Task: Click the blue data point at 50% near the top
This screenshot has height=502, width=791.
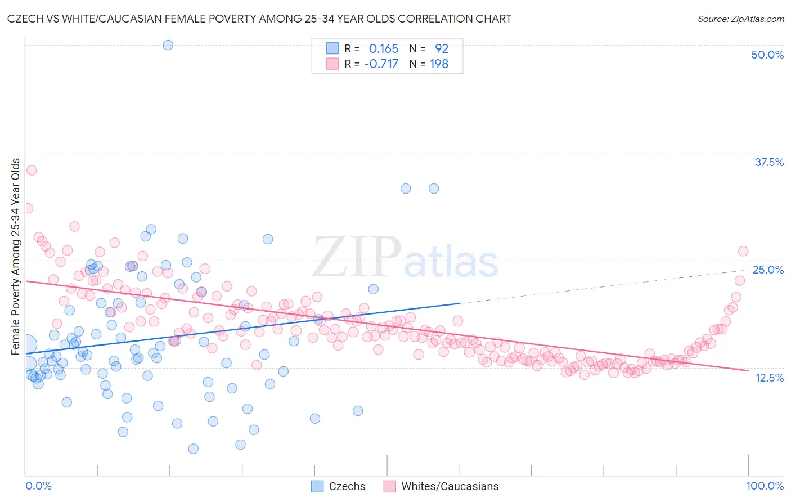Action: click(x=168, y=45)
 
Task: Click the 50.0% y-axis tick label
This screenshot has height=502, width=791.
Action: click(x=767, y=55)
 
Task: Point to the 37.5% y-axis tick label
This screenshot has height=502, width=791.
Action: click(x=769, y=162)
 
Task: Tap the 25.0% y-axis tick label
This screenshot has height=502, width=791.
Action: click(x=768, y=270)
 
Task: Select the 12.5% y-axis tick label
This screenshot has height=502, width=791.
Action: click(x=769, y=378)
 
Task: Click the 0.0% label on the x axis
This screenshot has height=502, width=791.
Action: click(x=38, y=486)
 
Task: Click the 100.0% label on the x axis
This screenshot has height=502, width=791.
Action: click(x=765, y=486)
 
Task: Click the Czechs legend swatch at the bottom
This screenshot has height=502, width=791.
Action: click(x=317, y=486)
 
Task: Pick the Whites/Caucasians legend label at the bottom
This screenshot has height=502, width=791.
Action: click(x=450, y=486)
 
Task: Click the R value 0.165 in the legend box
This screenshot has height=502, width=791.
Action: click(x=383, y=49)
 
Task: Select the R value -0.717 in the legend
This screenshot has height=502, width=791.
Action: click(x=381, y=64)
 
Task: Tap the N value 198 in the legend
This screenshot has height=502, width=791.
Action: click(x=439, y=64)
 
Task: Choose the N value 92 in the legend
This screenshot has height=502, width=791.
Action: click(x=441, y=49)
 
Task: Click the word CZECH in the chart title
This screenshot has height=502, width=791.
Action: click(x=25, y=19)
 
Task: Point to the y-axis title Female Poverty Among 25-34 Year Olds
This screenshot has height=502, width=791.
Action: click(x=16, y=257)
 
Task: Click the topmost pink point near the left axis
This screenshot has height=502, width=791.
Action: click(x=32, y=170)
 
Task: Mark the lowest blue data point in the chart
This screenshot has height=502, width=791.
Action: click(x=193, y=449)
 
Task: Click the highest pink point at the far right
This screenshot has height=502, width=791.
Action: click(x=743, y=251)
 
